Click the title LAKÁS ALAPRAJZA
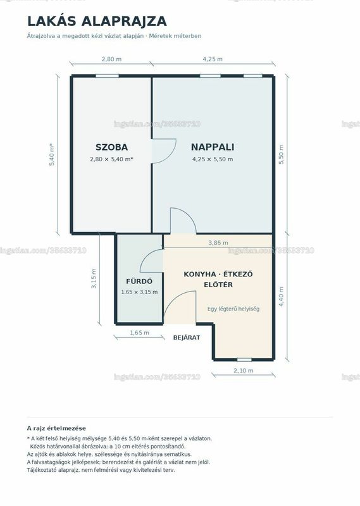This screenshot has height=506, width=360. pyautogui.click(x=97, y=22)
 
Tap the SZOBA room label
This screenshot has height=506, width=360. pyautogui.click(x=112, y=147)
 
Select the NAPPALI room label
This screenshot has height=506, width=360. pyautogui.click(x=213, y=147)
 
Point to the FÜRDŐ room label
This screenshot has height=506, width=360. pyautogui.click(x=139, y=281)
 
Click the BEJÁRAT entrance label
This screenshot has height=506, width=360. pyautogui.click(x=187, y=338)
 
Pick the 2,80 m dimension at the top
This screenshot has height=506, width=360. pyautogui.click(x=112, y=59)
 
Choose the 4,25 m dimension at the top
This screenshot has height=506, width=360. pyautogui.click(x=213, y=59)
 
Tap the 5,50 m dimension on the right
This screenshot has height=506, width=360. pyautogui.click(x=281, y=154)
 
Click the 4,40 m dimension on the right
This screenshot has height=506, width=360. pyautogui.click(x=281, y=297)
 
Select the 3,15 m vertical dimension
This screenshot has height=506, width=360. pyautogui.click(x=94, y=278)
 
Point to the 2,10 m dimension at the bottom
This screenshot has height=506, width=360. pyautogui.click(x=244, y=371)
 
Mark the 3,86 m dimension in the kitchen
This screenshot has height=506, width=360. pyautogui.click(x=218, y=243)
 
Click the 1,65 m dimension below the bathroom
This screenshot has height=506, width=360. pyautogui.click(x=139, y=333)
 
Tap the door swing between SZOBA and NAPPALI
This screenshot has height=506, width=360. pyautogui.click(x=172, y=155)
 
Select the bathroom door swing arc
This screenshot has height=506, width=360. pyautogui.click(x=146, y=257)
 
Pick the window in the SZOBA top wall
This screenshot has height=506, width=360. pyautogui.click(x=107, y=76)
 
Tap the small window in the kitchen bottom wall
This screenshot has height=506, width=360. pyautogui.click(x=244, y=359)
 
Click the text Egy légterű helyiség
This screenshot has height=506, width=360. pyautogui.click(x=233, y=309)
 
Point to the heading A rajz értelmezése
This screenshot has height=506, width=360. pyautogui.click(x=56, y=429)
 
